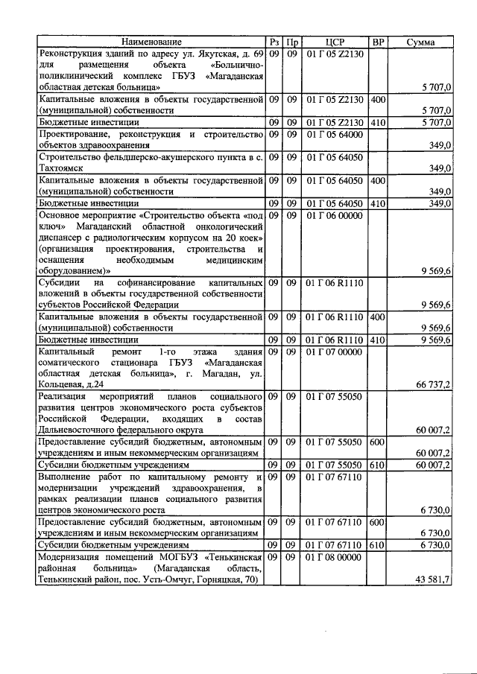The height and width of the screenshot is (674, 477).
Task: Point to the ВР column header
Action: click(x=378, y=42)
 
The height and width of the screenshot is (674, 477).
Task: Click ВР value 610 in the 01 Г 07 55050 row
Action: click(x=378, y=464)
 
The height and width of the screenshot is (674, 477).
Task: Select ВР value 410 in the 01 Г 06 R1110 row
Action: click(x=378, y=340)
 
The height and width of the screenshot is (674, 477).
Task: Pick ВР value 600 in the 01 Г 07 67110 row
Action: click(x=378, y=523)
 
